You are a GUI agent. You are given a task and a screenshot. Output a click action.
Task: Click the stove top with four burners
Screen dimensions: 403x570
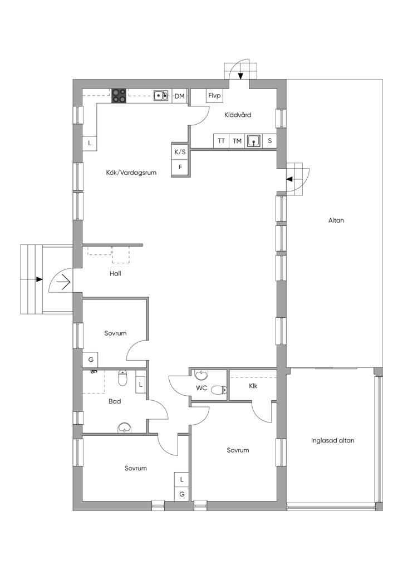pyautogui.click(x=119, y=96)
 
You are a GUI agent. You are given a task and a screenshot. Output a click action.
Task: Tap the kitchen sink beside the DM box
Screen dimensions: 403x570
pyautogui.click(x=161, y=95)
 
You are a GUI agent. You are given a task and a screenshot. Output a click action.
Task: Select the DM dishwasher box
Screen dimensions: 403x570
pyautogui.click(x=180, y=96)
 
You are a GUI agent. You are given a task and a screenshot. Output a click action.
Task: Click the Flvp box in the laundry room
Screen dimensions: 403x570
pyautogui.click(x=214, y=96)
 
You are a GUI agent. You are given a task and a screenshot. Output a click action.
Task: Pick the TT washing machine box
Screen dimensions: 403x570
pyautogui.click(x=221, y=141)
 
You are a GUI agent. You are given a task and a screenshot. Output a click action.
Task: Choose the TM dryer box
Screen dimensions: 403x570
pyautogui.click(x=237, y=141)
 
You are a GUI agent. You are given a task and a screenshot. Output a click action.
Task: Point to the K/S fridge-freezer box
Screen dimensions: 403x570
pyautogui.click(x=180, y=152)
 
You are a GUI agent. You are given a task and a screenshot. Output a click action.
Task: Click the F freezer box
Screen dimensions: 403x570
pyautogui.click(x=180, y=168)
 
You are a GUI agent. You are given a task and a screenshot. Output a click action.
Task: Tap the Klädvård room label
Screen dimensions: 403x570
pyautogui.click(x=238, y=115)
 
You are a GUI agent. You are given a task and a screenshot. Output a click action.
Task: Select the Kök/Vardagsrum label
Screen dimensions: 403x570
pyautogui.click(x=131, y=173)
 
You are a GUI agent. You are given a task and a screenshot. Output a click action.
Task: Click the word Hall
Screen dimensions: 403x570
pyautogui.click(x=116, y=273)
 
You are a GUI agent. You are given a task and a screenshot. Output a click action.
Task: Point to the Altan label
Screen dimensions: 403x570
pyautogui.click(x=336, y=220)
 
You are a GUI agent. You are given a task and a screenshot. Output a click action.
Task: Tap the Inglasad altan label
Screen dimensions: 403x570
pyautogui.click(x=332, y=441)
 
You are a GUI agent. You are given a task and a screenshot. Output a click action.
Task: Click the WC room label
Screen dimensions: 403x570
pyautogui.click(x=202, y=388)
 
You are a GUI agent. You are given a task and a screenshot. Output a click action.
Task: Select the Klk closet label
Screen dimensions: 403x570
pyautogui.click(x=253, y=386)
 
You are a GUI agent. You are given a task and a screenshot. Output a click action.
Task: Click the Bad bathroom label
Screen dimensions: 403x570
pyautogui.click(x=115, y=401)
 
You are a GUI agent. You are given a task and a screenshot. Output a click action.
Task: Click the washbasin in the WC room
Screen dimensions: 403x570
pyautogui.click(x=200, y=374)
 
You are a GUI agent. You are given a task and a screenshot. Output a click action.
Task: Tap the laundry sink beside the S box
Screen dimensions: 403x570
pyautogui.click(x=254, y=140)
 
